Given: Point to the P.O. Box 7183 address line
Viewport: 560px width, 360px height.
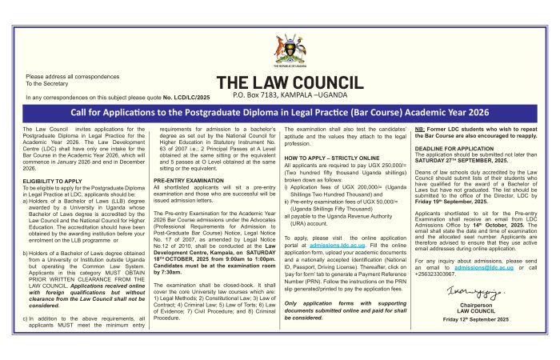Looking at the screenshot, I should [x=290, y=94].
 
